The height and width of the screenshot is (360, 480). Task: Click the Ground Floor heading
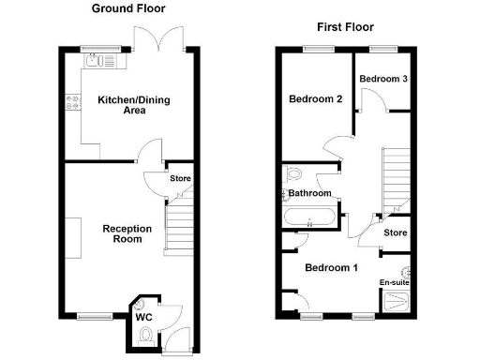[x=128, y=8]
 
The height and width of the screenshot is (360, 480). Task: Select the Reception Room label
[x=122, y=233]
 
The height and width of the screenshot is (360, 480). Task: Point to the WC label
[x=144, y=318]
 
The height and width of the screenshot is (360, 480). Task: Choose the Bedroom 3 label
[x=384, y=79]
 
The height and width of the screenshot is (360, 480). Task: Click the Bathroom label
[x=309, y=194]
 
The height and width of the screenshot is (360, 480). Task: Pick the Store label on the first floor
[x=396, y=232]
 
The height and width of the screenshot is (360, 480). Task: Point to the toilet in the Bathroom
[x=292, y=174]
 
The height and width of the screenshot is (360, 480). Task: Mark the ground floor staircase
[x=179, y=229]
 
